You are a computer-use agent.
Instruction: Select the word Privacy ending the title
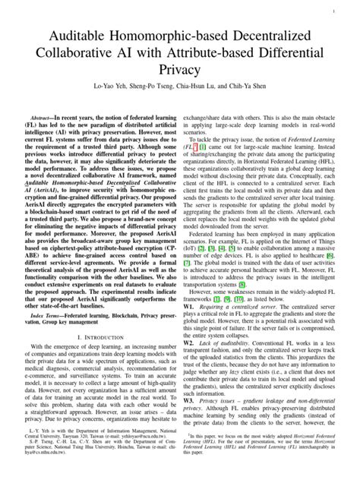coord(179,72)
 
